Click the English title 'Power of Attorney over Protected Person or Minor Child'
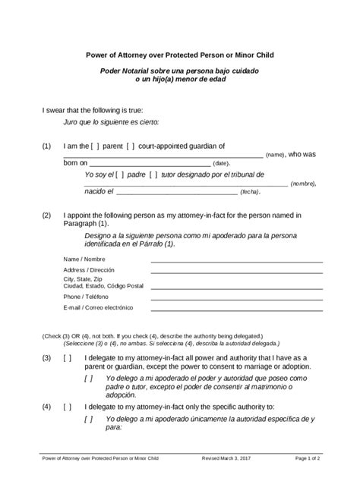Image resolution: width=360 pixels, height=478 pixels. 179,55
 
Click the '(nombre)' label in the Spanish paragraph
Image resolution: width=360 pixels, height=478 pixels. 302,184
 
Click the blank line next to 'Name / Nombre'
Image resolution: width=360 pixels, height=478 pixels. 236,260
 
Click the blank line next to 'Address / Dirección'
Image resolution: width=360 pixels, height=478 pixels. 236,271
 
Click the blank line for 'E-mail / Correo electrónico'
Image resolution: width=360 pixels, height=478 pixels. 236,308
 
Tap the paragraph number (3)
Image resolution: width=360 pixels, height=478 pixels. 47,357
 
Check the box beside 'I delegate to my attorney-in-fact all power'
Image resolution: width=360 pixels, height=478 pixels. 68,357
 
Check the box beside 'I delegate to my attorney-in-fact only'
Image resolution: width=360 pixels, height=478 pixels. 68,407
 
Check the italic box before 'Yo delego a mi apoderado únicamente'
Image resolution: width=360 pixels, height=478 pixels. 90,418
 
